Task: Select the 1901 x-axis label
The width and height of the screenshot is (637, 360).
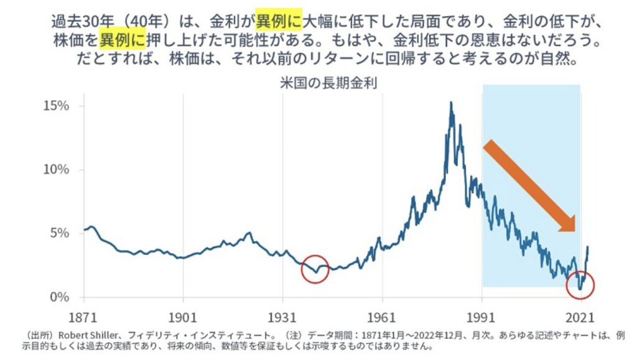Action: (183, 316)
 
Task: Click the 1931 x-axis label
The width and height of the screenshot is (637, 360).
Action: (282, 316)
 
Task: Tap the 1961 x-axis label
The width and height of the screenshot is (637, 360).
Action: (382, 316)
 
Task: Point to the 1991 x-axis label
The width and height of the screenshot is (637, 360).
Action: (482, 316)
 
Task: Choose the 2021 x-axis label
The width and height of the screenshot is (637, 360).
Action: (581, 316)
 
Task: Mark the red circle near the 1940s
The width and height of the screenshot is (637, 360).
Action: (315, 269)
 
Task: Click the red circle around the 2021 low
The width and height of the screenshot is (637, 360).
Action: (581, 285)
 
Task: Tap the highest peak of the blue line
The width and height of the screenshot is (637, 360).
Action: (450, 103)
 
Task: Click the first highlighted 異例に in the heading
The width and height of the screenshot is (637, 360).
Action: (278, 22)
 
